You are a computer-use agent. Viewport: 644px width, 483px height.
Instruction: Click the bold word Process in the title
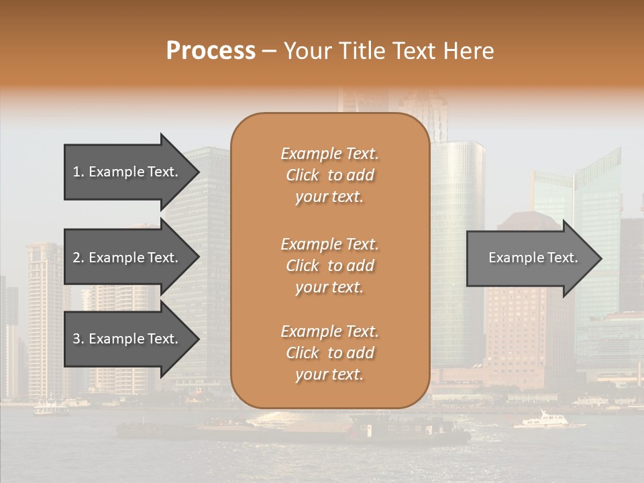pos(211,51)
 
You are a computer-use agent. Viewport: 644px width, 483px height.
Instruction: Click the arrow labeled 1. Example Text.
pos(127,172)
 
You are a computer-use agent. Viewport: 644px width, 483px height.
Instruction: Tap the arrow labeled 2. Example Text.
pos(127,258)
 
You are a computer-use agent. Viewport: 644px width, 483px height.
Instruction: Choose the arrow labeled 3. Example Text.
pos(127,339)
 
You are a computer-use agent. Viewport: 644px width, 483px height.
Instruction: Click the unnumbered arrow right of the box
pos(530,258)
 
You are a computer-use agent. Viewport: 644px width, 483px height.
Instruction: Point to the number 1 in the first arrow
pos(76,172)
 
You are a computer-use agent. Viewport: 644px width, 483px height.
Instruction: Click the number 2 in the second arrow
pos(76,258)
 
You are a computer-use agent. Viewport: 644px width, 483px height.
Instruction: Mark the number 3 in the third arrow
pos(76,339)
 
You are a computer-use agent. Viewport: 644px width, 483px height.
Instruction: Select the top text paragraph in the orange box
pos(329,175)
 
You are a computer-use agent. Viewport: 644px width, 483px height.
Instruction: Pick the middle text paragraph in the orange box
pos(329,266)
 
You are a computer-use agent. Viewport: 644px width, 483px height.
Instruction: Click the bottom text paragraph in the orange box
pos(329,353)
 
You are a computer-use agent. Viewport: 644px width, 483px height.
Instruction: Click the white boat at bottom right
pos(542,421)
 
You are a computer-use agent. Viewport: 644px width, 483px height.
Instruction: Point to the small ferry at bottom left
pos(51,407)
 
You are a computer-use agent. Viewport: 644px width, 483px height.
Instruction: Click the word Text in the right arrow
pos(563,258)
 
